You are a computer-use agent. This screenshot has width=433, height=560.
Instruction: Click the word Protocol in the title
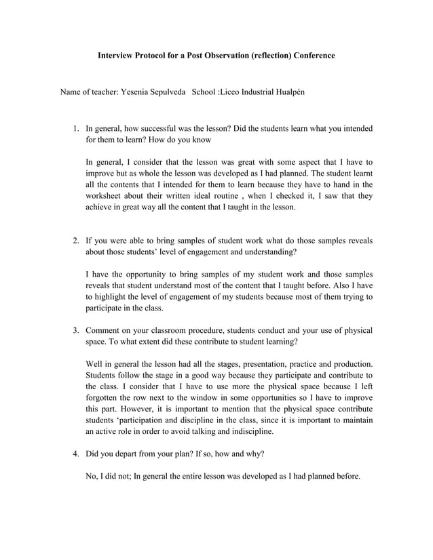pos(153,55)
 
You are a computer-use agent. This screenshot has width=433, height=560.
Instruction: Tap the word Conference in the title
pos(310,55)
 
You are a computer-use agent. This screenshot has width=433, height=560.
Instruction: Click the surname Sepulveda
pos(170,91)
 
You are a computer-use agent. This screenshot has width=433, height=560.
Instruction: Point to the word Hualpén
pos(295,91)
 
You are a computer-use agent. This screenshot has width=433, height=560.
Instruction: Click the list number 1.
pos(76,128)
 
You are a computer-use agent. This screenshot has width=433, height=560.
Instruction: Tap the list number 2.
pos(76,241)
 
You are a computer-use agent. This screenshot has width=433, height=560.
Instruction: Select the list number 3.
pos(76,330)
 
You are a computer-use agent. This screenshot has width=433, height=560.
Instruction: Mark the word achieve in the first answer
pos(101,208)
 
